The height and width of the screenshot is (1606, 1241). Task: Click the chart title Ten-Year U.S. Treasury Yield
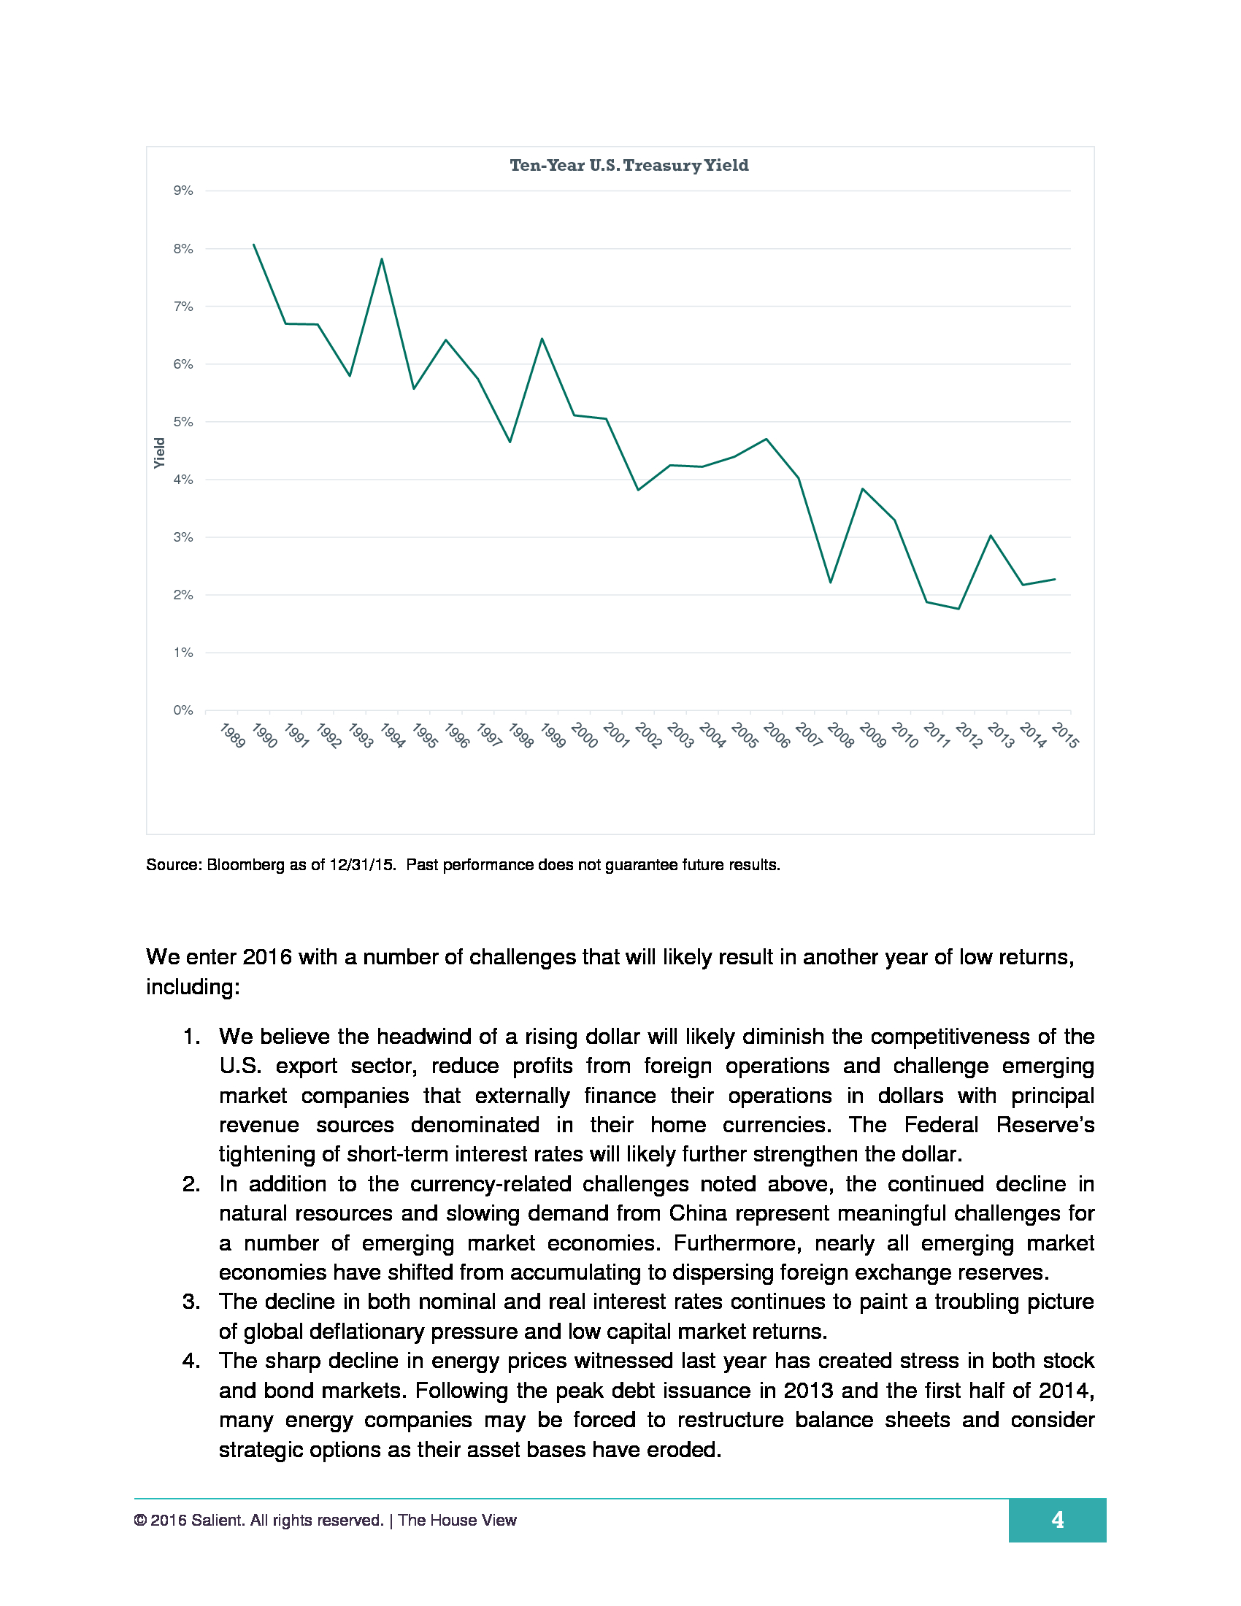point(629,166)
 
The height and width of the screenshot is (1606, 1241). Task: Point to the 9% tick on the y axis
point(183,191)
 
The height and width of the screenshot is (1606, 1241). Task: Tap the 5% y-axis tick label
point(183,422)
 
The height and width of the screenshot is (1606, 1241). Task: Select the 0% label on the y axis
point(183,710)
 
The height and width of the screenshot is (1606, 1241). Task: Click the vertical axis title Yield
point(160,453)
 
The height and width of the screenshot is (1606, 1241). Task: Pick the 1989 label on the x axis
point(232,735)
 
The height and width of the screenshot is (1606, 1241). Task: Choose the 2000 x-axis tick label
point(585,735)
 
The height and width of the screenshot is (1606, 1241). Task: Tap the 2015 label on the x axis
point(1064,735)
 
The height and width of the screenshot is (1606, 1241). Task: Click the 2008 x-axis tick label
point(840,735)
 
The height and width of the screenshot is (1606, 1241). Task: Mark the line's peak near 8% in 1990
point(253,244)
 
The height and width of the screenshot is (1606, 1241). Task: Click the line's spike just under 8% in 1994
point(382,259)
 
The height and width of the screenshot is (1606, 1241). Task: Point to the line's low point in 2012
point(958,609)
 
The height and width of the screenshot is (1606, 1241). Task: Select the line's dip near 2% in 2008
point(831,583)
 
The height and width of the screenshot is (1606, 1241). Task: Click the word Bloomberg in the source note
point(245,865)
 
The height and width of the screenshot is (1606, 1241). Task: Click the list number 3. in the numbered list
point(191,1302)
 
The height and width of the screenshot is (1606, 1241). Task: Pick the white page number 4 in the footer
point(1057,1519)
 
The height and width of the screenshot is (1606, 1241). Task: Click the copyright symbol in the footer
point(139,1520)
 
